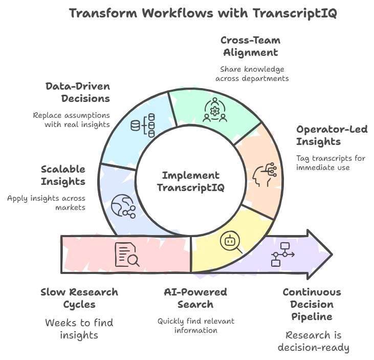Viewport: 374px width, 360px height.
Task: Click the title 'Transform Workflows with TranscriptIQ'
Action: pos(203,13)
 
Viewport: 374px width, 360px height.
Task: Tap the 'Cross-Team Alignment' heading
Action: pos(250,46)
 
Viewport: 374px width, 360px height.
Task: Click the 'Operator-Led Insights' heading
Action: pos(332,136)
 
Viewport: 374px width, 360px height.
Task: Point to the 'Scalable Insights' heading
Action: pos(63,175)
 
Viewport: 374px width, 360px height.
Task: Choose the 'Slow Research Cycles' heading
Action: pos(79,298)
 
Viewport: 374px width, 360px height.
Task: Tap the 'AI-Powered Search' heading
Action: pos(195,298)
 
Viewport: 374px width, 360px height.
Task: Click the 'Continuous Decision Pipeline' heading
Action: pos(312,304)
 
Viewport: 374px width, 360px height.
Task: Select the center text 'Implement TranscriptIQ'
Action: pos(190,181)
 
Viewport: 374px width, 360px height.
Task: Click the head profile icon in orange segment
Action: pos(264,174)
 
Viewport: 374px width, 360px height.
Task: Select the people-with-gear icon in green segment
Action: pos(215,110)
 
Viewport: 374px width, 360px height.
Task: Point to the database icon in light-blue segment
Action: pos(142,126)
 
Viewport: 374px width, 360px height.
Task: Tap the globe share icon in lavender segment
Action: pos(122,206)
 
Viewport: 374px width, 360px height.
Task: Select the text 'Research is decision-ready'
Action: pos(313,342)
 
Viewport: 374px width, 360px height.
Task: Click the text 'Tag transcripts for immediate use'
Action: pos(331,162)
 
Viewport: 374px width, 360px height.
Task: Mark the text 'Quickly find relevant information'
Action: pos(195,326)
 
